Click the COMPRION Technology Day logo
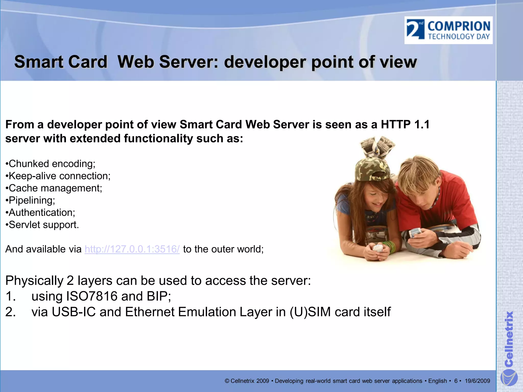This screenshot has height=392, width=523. [x=448, y=30]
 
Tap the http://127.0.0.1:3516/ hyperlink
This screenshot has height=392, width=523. [x=132, y=249]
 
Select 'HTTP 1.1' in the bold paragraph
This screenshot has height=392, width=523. [x=405, y=125]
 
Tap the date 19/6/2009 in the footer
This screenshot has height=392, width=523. [x=477, y=381]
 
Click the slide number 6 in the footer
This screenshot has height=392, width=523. [x=456, y=381]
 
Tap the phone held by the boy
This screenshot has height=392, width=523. [x=415, y=232]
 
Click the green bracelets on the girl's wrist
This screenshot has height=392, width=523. [x=390, y=246]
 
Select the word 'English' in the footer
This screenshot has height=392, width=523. [x=437, y=381]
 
